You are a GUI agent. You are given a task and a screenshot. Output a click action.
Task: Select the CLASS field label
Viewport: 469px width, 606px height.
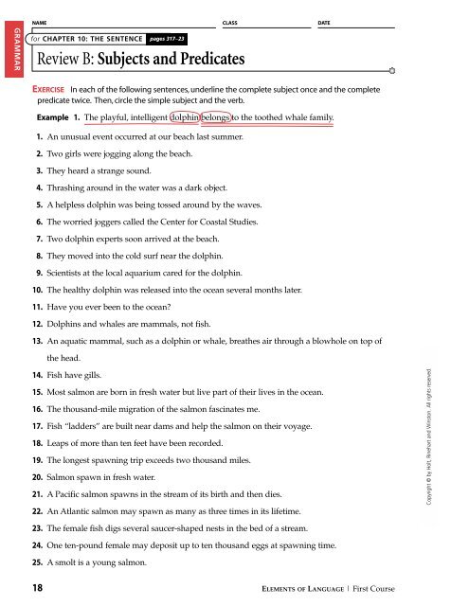[228, 20]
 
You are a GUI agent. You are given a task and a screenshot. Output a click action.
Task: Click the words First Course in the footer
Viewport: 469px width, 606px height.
[425, 589]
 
